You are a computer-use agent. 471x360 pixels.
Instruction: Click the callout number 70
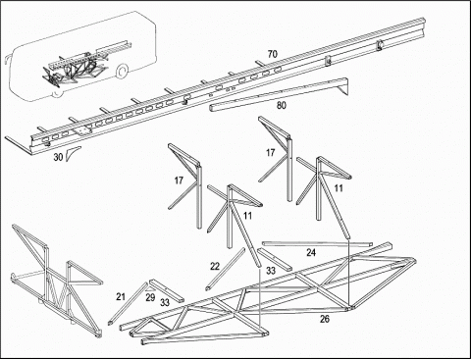click(x=272, y=54)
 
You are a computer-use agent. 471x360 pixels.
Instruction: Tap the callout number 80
click(x=282, y=105)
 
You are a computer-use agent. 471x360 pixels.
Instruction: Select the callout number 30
click(x=58, y=157)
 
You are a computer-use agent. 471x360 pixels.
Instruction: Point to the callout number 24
click(x=311, y=252)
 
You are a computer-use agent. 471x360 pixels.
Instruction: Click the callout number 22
click(x=215, y=267)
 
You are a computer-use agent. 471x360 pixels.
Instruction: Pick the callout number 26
click(x=325, y=319)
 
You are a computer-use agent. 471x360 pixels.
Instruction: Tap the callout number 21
click(x=121, y=297)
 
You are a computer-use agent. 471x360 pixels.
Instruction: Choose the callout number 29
click(x=150, y=298)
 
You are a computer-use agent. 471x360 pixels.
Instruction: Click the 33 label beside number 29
click(x=165, y=302)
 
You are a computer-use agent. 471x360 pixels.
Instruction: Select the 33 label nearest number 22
click(x=271, y=271)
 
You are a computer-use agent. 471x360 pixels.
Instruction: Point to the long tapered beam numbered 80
click(x=278, y=95)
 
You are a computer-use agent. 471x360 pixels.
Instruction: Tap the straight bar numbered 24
click(x=317, y=244)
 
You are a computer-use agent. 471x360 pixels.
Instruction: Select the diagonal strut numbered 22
click(x=225, y=269)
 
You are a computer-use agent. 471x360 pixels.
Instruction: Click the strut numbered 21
click(x=128, y=303)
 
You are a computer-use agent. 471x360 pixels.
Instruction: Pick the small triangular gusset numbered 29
click(x=150, y=289)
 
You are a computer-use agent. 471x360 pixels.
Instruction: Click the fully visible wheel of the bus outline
click(x=122, y=72)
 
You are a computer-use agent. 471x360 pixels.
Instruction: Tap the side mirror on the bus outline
click(x=6, y=62)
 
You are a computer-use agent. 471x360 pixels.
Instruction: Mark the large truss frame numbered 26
click(x=268, y=294)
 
